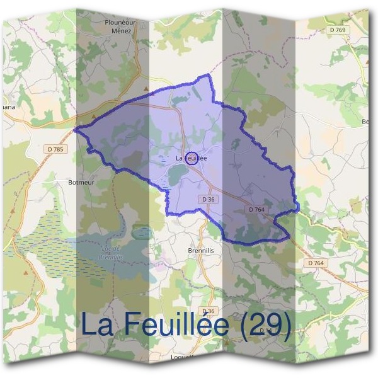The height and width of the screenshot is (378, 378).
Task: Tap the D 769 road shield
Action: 338,30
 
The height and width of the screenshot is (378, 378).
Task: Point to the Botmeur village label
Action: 80,182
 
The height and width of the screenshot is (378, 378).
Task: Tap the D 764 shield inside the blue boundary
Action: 256,209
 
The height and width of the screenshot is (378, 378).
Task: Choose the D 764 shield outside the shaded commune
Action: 316,262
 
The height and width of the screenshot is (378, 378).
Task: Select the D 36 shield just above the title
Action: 209,311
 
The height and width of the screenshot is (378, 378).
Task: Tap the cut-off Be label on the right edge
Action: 367,122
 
